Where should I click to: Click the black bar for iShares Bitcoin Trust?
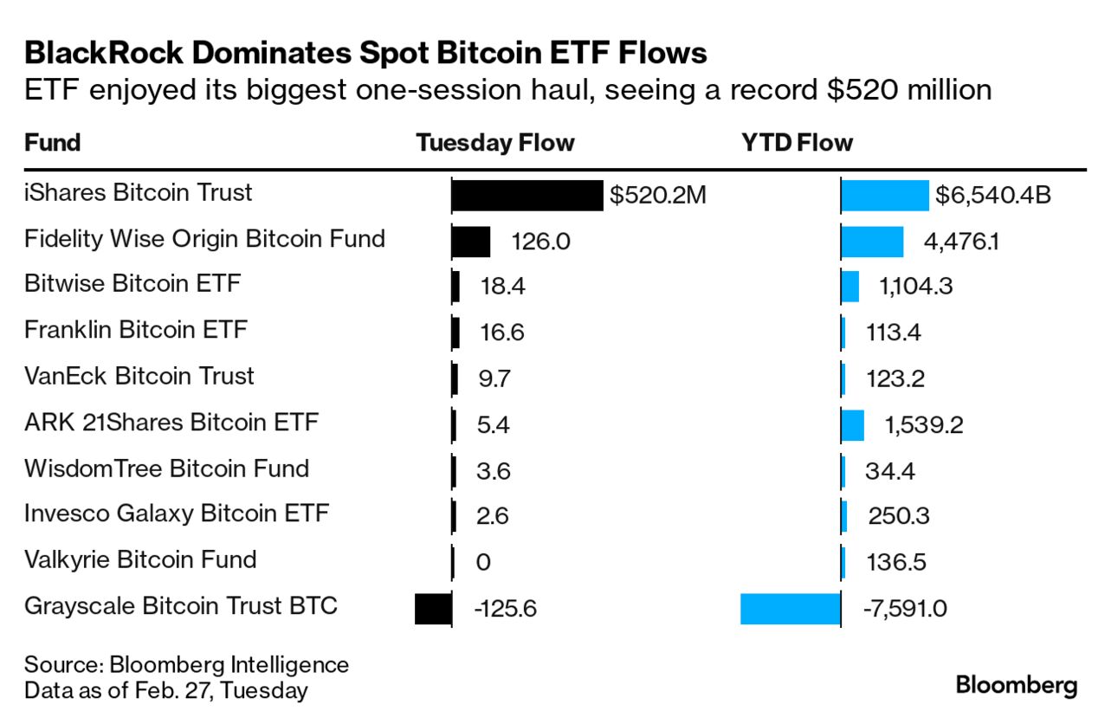coord(526,196)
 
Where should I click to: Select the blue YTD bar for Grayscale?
coord(790,608)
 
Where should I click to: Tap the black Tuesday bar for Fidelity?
coord(470,242)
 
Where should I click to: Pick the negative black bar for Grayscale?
coord(433,608)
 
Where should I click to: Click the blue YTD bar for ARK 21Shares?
coord(852,425)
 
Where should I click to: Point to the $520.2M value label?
coord(658,196)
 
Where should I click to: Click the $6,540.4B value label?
coord(992,196)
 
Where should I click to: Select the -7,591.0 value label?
coord(905,609)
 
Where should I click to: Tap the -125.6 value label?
coord(506,609)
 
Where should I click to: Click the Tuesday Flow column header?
coord(495,143)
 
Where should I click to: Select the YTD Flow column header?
coord(797,143)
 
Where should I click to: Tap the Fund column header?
coord(53,143)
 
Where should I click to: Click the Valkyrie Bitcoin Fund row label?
coord(140,559)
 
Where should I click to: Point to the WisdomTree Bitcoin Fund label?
coord(166,469)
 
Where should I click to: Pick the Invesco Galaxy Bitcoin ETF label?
coord(177,514)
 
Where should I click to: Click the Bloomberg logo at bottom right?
coord(1017,686)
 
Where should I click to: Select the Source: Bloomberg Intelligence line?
coord(186,665)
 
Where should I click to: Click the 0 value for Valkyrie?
coord(483,563)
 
